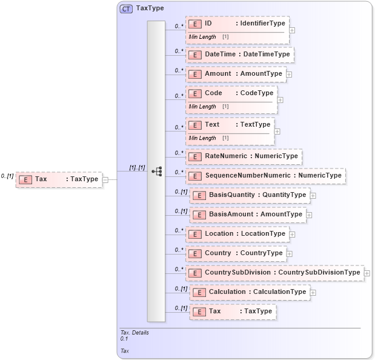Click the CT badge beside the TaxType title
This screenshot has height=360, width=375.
(127, 9)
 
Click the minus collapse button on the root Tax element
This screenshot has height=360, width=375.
(105, 179)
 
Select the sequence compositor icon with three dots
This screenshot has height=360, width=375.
(156, 172)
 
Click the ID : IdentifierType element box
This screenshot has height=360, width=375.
(237, 24)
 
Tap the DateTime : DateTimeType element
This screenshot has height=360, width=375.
(241, 55)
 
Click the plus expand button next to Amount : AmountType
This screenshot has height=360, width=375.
(289, 74)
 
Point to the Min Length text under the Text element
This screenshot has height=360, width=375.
(202, 138)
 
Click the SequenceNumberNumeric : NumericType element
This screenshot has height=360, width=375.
(265, 176)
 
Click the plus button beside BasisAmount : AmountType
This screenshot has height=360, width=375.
(309, 215)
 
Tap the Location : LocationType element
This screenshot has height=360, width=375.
(237, 234)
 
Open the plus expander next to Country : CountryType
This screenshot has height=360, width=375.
(289, 253)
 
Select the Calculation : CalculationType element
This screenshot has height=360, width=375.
(250, 292)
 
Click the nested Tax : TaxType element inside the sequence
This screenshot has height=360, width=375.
(233, 312)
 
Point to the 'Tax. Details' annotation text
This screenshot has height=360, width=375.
(134, 333)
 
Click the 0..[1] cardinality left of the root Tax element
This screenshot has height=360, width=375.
(7, 176)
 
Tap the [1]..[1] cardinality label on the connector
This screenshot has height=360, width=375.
(137, 167)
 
